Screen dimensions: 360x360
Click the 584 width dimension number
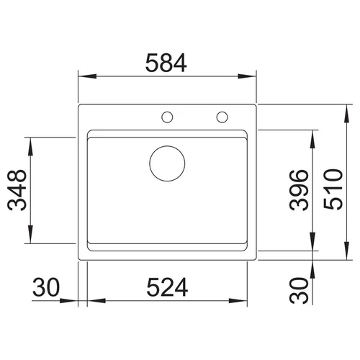tap(166, 63)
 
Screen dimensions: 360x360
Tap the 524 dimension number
tap(167, 287)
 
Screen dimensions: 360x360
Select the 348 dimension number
tap(17, 190)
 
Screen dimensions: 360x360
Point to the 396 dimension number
tap(299, 190)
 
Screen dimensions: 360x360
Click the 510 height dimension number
tap(333, 189)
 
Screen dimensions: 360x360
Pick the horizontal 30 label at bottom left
tap(46, 287)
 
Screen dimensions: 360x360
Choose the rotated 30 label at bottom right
tap(299, 291)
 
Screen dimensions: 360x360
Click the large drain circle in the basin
tap(167, 146)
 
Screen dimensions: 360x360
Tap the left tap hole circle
tap(167, 112)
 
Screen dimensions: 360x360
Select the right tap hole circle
tap(222, 112)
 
